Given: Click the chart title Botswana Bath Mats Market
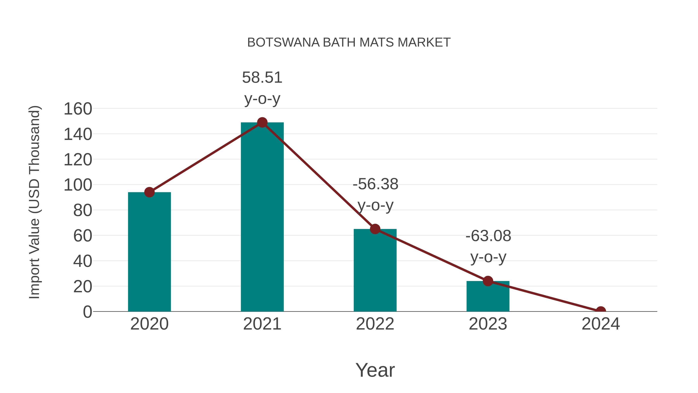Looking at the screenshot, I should pos(349,43).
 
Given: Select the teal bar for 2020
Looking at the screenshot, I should pos(149,252).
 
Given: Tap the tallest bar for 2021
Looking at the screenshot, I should pos(262,217).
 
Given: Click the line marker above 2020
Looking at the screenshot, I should pos(149,192).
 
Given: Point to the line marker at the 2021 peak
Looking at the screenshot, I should pos(262,123).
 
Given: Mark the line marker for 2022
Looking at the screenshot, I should pos(375,229).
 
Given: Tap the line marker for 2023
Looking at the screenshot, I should pos(488,281).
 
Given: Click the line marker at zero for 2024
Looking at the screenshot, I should pos(601,311).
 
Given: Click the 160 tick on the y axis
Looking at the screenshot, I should pos(78,109).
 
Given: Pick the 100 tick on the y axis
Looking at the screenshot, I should pos(78,185).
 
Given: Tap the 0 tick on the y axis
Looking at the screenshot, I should pos(87,312).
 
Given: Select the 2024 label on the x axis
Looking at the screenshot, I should pos(601,324).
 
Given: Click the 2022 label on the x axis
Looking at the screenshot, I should pos(375,324).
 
